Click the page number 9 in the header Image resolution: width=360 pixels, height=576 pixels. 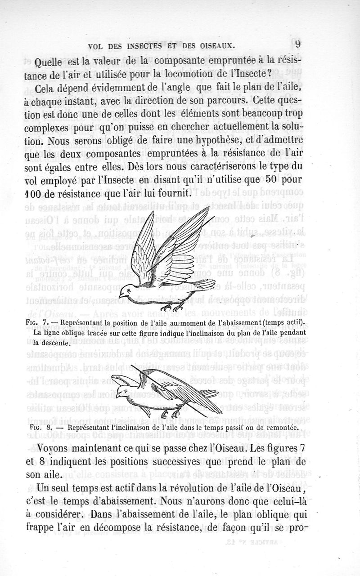point(298,44)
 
